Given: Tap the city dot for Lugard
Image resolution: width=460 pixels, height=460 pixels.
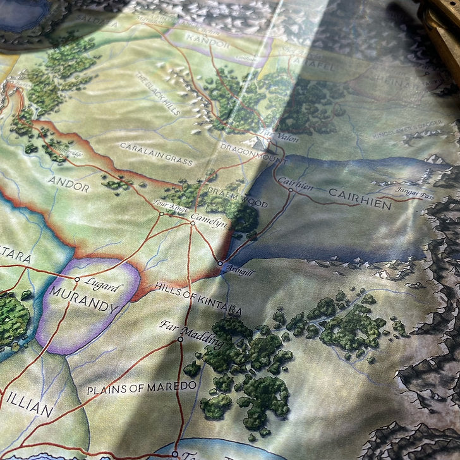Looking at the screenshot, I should pos(77,279).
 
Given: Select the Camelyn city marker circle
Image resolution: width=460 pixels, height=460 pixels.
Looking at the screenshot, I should pos(193,223).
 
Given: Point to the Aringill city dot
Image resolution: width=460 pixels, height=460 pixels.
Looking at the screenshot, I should pos(220,263).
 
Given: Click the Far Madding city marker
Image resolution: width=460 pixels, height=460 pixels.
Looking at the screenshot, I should pos(180,339).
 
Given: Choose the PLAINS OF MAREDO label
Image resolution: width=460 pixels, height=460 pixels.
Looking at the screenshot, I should pos(142,387).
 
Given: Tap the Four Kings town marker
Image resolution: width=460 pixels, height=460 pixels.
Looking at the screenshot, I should pos(162,214).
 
